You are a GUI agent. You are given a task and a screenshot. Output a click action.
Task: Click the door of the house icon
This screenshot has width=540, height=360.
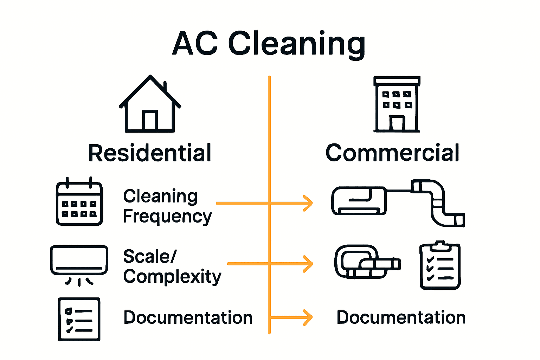150,120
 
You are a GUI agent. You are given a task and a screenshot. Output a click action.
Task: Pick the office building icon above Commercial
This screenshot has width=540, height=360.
397,104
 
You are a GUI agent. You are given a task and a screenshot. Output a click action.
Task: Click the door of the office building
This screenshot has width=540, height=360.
397,123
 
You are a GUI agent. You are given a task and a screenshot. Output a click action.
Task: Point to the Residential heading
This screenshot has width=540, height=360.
150,153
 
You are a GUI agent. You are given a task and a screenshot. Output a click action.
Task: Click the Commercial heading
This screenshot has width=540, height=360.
392,153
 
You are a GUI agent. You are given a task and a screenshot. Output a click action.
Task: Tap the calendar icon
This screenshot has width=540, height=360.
79,202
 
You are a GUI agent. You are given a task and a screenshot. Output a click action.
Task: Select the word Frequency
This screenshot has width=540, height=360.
167,217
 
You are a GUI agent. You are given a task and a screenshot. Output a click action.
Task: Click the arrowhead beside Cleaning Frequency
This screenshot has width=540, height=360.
308,203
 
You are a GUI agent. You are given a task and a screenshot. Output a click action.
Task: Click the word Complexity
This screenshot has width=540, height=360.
172,277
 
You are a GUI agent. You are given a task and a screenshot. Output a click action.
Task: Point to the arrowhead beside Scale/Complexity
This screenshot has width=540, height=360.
308,264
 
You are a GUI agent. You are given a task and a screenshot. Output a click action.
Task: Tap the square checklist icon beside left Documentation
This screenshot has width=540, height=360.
79,319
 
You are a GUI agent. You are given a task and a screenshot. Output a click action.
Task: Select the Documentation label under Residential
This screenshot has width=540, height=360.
188,317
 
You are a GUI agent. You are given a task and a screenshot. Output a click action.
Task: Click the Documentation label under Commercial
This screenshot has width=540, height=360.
401,317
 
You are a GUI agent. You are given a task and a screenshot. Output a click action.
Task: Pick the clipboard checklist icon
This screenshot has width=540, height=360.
440,265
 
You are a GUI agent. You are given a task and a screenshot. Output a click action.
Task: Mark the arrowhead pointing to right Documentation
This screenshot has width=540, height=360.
308,317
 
